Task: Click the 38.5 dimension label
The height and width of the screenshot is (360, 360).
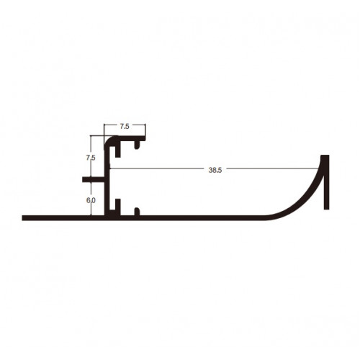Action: [215, 170]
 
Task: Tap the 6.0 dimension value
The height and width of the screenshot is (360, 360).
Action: [91, 200]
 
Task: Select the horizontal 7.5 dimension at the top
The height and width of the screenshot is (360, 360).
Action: [125, 126]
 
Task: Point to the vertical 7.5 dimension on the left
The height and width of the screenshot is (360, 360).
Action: [91, 158]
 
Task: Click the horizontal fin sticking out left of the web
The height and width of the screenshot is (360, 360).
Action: [94, 179]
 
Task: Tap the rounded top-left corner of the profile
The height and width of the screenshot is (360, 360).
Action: [108, 140]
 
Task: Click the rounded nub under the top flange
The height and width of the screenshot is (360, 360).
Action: [137, 145]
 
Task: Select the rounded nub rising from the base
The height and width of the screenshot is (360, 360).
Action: [137, 212]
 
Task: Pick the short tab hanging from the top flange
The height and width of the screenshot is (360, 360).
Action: [118, 149]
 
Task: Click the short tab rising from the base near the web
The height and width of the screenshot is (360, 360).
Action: [118, 207]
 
